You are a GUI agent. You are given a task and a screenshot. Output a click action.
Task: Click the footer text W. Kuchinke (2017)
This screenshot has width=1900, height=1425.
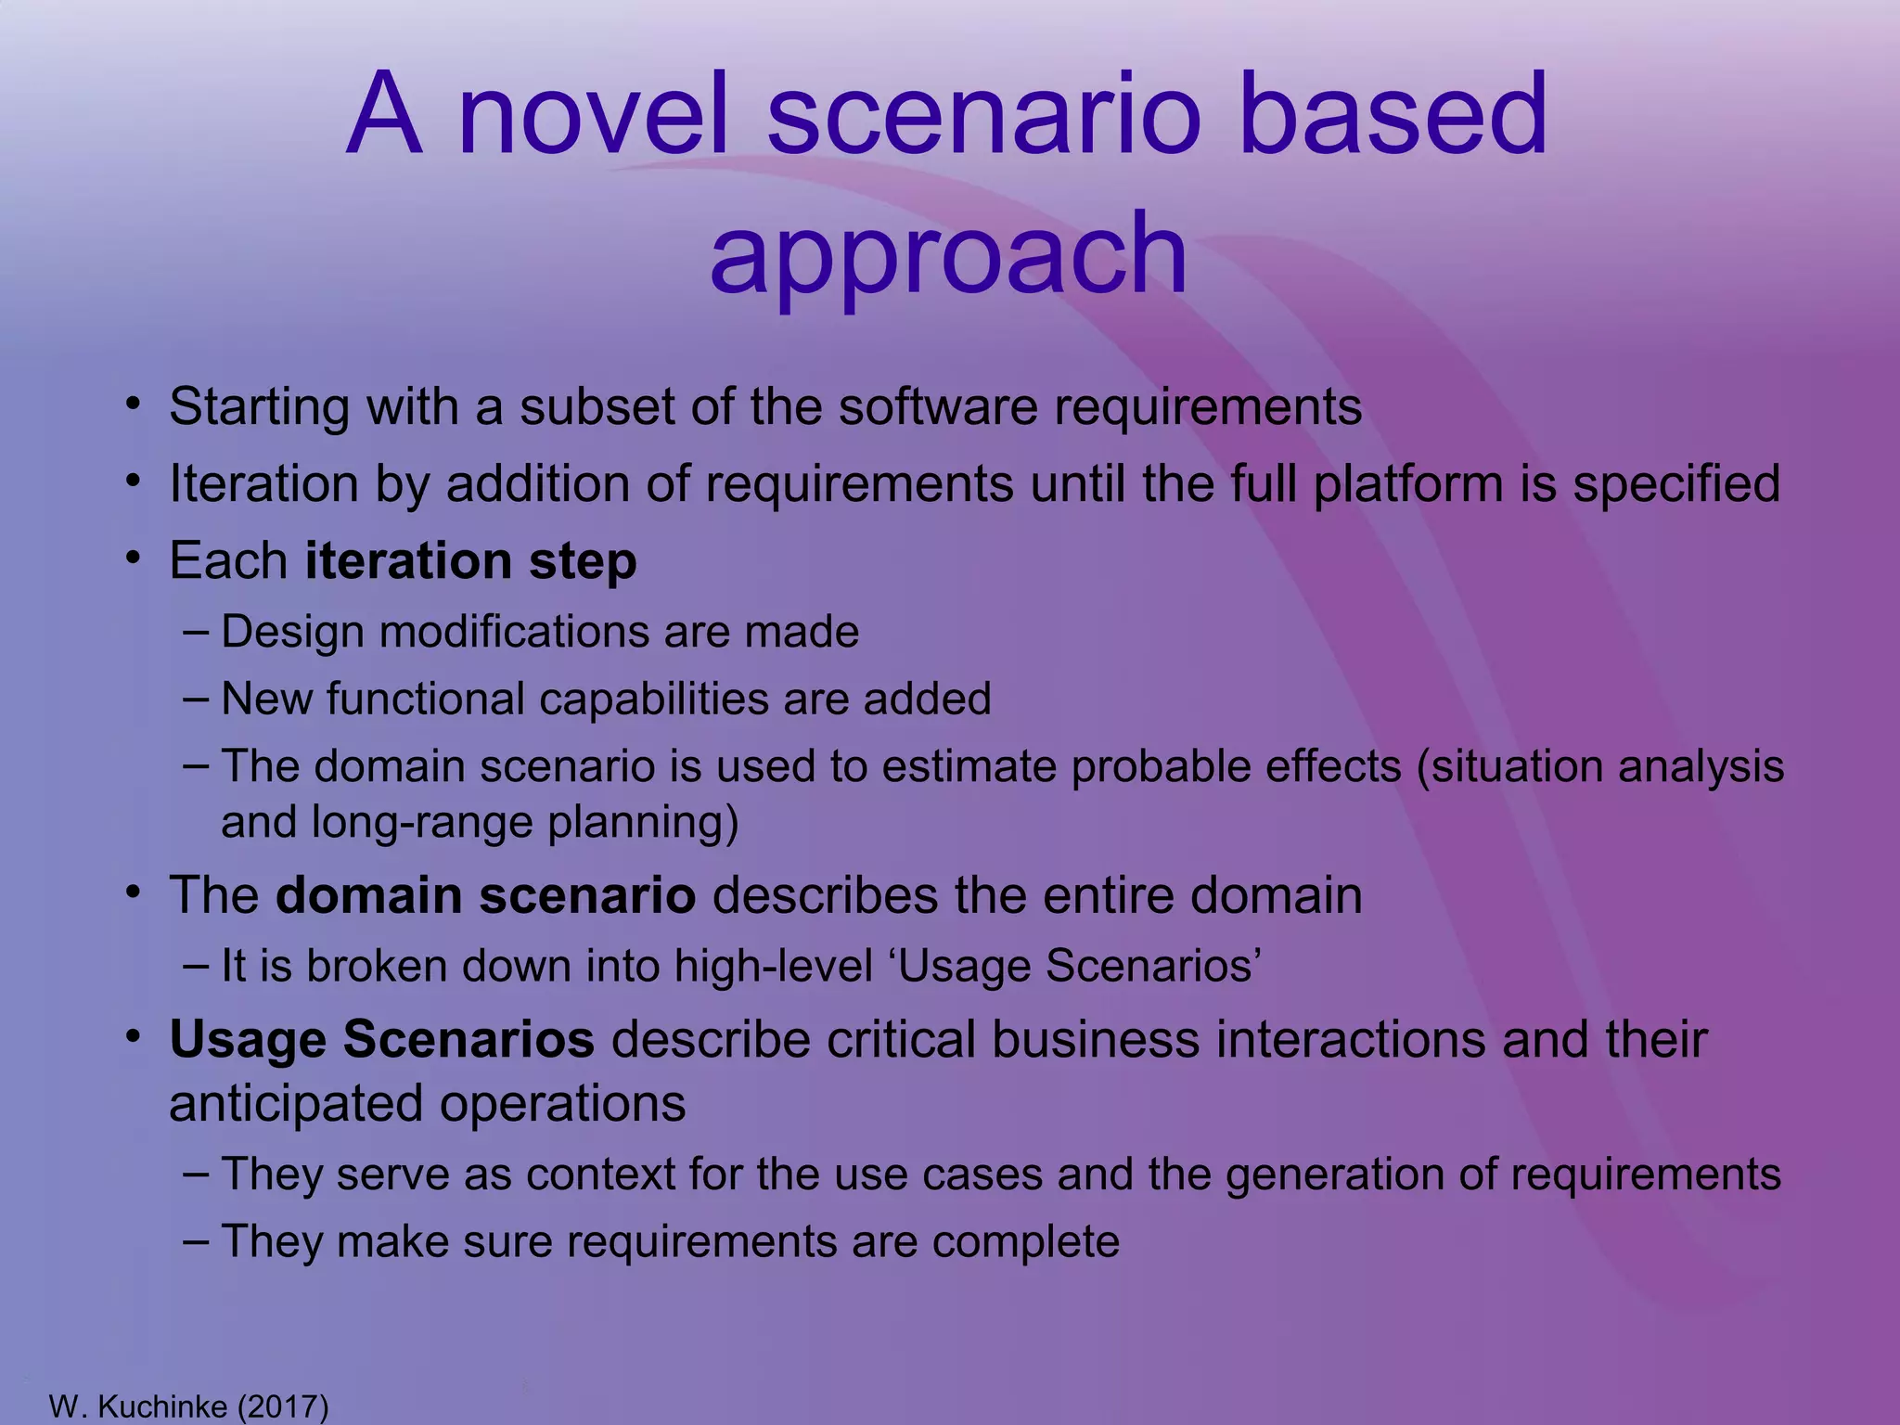pyautogui.click(x=188, y=1406)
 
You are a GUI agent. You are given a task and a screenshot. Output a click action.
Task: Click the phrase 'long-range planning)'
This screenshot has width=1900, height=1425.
pyautogui.click(x=525, y=823)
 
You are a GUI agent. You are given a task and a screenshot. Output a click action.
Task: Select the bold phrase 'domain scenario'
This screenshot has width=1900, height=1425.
pyautogui.click(x=485, y=896)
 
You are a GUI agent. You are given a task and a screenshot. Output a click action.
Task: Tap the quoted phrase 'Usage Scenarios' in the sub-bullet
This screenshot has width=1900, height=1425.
pyautogui.click(x=1079, y=966)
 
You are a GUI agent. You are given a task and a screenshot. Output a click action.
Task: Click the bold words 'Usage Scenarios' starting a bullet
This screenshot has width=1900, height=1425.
pyautogui.click(x=381, y=1040)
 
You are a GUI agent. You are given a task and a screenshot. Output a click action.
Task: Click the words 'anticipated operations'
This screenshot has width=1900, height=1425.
pyautogui.click(x=427, y=1104)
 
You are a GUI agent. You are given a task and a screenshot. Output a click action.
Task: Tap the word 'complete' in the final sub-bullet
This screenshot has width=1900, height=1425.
pyautogui.click(x=1025, y=1242)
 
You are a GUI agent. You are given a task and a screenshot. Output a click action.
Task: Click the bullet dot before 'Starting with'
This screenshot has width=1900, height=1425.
pyautogui.click(x=135, y=404)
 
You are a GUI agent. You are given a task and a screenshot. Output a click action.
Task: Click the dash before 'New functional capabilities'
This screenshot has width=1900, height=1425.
pyautogui.click(x=196, y=698)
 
